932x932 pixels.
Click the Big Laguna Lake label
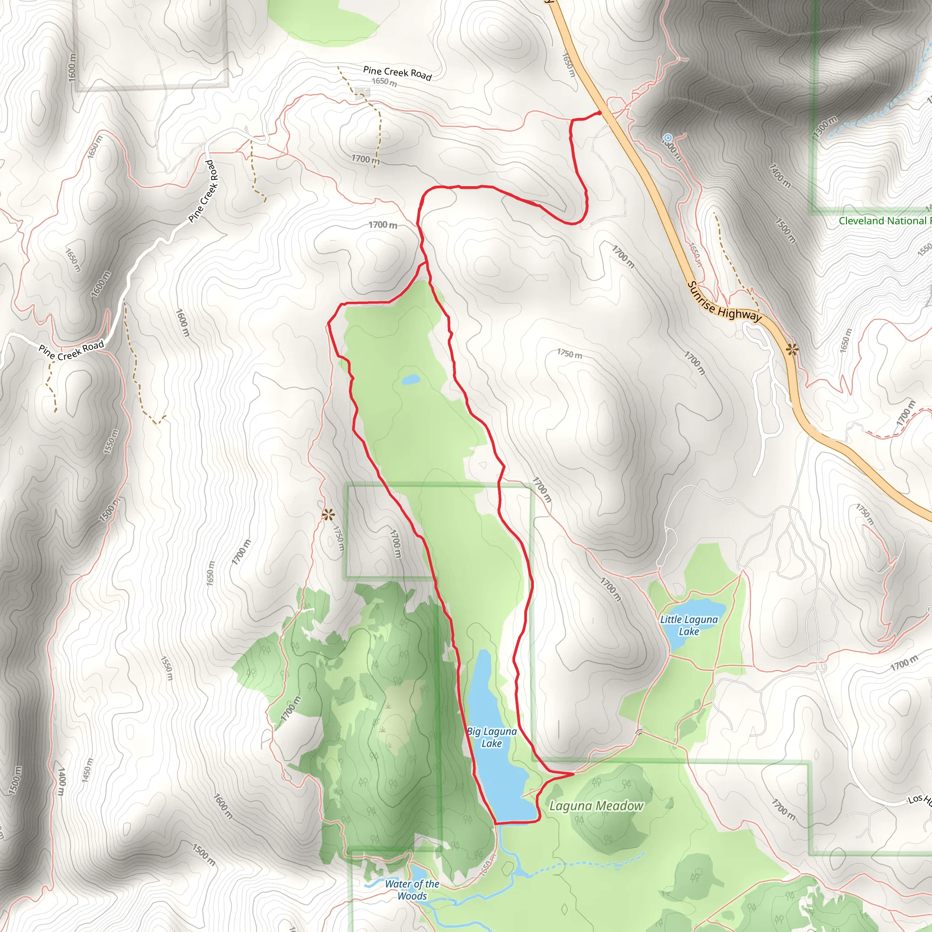(x=491, y=737)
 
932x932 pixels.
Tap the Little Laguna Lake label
(x=689, y=625)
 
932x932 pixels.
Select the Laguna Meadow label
(x=596, y=805)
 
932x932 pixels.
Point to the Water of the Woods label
(x=412, y=890)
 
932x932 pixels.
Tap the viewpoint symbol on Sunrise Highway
(x=792, y=349)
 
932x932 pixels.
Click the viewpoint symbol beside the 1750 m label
(x=329, y=515)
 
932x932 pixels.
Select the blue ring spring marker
(x=668, y=138)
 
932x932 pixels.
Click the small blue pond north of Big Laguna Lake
(x=410, y=380)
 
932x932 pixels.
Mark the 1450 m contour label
(x=87, y=771)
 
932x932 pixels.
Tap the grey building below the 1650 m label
(x=362, y=91)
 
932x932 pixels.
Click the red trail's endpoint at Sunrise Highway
(x=600, y=113)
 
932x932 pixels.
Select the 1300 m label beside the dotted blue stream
(x=825, y=127)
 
